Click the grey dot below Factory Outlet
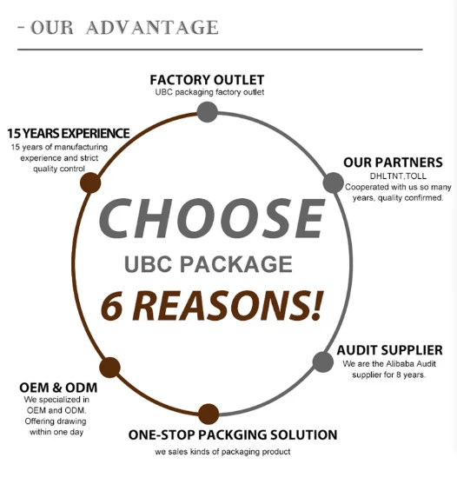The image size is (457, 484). coord(208,112)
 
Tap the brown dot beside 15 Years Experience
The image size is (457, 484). coord(90,182)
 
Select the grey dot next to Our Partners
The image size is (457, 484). coord(334,182)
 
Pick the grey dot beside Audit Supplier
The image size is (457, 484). coord(323,361)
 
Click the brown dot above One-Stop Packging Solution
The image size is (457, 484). coord(209,414)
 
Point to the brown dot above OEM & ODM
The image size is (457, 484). coord(109,368)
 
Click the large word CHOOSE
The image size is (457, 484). coord(212,219)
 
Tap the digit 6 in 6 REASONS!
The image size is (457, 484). coord(112,307)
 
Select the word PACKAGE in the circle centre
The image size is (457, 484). coord(236,264)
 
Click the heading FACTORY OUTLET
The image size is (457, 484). coord(207,80)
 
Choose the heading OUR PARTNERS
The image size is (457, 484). coord(393,162)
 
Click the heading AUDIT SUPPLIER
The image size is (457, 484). coord(390,350)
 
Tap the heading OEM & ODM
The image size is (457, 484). coord(58,388)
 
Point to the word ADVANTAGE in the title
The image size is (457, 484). coord(152,27)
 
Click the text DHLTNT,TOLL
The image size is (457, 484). coord(398,176)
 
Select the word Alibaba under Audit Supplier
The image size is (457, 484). coord(400,364)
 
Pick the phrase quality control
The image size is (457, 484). coord(59,169)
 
